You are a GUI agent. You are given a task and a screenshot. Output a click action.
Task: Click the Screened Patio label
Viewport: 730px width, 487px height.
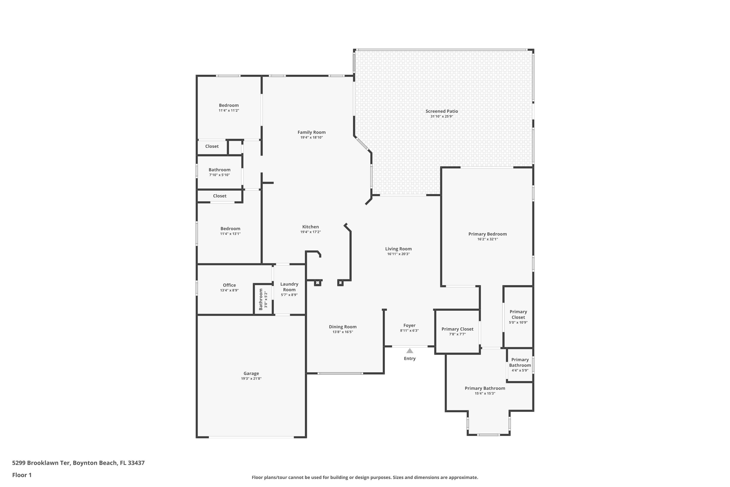coord(441,111)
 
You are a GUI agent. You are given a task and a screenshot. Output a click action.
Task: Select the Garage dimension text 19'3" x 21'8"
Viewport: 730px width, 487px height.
coord(251,379)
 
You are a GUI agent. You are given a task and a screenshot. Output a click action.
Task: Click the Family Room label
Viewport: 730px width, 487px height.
coord(311,132)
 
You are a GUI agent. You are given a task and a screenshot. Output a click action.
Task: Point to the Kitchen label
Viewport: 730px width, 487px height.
coord(310,227)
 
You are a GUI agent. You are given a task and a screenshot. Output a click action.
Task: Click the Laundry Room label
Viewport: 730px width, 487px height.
coord(289,287)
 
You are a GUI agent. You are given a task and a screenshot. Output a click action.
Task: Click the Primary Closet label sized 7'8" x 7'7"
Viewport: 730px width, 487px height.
coord(457,329)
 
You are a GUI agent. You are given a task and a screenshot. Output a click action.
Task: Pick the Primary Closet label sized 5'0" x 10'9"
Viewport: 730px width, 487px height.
coord(518,314)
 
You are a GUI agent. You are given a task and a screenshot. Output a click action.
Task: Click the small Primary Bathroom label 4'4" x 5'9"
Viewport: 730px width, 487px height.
coord(520,363)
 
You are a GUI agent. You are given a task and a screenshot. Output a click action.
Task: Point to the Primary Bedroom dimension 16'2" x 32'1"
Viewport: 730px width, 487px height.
coord(487,239)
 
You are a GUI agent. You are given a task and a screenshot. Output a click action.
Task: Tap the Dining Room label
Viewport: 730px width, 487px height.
coord(342,327)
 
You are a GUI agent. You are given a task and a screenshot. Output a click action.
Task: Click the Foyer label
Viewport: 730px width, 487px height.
coord(409,326)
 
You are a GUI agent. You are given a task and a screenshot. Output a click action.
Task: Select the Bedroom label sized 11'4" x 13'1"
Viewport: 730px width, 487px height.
coord(230,229)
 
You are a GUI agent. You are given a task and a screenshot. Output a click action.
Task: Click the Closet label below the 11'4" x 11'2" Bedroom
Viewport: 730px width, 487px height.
coord(212,146)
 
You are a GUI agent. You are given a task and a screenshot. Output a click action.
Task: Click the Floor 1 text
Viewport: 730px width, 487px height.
coord(22,475)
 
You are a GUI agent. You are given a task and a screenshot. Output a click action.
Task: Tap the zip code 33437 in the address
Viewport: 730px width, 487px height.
coord(136,463)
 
